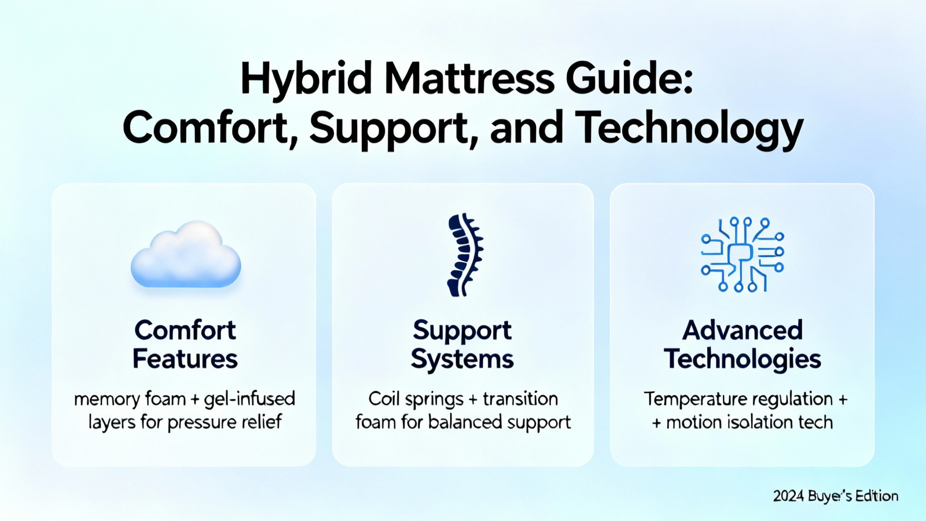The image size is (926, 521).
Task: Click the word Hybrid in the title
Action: (306, 80)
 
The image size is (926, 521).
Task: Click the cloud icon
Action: (186, 254)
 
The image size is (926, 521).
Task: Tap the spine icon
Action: (465, 255)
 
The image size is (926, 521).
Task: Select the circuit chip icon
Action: (743, 254)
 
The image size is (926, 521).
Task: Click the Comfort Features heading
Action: (185, 344)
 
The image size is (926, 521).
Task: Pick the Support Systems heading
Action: (462, 344)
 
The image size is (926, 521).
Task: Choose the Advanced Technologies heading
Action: (743, 344)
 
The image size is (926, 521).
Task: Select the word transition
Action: (520, 399)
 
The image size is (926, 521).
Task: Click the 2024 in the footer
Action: (788, 496)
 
